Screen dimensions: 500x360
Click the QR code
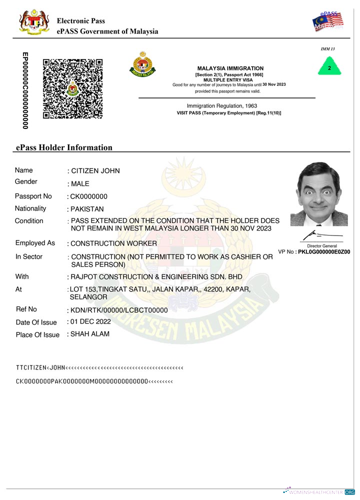(x=72, y=88)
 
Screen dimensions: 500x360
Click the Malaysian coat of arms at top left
(x=33, y=23)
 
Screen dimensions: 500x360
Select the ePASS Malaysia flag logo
(x=327, y=20)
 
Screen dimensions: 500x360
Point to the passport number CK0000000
(x=89, y=196)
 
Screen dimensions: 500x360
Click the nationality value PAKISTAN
(x=87, y=209)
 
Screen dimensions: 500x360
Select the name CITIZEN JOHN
(x=95, y=171)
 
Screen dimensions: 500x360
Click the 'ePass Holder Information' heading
(x=64, y=147)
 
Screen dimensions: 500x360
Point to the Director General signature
(x=321, y=234)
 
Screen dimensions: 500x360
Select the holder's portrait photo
(x=319, y=194)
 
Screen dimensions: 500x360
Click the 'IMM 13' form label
(x=327, y=49)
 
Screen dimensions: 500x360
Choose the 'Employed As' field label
(x=35, y=243)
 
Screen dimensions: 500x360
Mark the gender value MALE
(x=80, y=184)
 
